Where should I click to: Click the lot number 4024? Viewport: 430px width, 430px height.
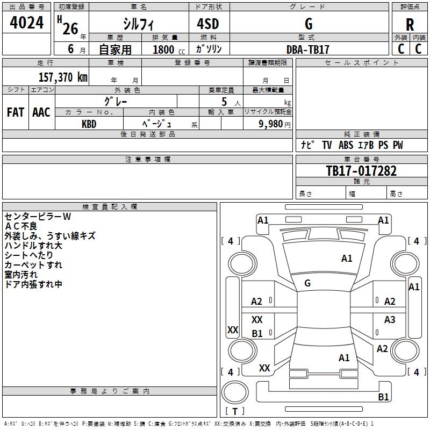(x=27, y=23)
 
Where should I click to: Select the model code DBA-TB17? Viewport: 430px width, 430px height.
(x=308, y=49)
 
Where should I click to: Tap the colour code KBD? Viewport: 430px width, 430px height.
(x=89, y=124)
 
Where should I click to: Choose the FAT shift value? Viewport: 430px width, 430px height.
(x=15, y=112)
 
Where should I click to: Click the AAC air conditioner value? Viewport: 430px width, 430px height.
(x=41, y=112)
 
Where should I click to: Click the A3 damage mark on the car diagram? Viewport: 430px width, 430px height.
(x=390, y=320)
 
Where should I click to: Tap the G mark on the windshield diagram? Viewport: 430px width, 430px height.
(x=307, y=283)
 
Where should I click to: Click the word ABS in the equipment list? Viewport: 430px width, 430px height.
(x=346, y=145)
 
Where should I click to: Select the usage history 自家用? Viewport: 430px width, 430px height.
(x=115, y=49)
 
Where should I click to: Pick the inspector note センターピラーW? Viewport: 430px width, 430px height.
(x=38, y=217)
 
